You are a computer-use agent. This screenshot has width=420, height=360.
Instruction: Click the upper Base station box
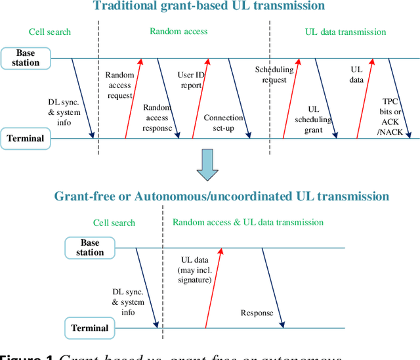pyautogui.click(x=26, y=58)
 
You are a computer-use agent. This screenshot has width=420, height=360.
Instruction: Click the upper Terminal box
pyautogui.click(x=26, y=138)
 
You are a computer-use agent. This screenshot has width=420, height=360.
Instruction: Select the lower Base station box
pyautogui.click(x=90, y=248)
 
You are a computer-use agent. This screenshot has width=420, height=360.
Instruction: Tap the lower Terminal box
pyautogui.click(x=90, y=328)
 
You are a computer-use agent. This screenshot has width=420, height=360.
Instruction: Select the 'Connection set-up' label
pyautogui.click(x=223, y=123)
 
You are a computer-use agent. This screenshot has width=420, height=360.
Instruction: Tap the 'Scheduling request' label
pyautogui.click(x=270, y=75)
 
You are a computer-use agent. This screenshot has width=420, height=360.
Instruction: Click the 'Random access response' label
pyautogui.click(x=157, y=118)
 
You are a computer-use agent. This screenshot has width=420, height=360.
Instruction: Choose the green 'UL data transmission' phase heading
pyautogui.click(x=346, y=31)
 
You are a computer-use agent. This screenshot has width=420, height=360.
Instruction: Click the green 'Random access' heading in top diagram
pyautogui.click(x=178, y=31)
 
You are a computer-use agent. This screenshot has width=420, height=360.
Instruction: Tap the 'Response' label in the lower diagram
pyautogui.click(x=257, y=313)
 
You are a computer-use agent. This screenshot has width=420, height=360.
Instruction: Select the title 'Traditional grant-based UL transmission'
pyautogui.click(x=209, y=7)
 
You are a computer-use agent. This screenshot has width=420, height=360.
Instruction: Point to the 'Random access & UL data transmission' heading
pyautogui.click(x=248, y=222)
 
